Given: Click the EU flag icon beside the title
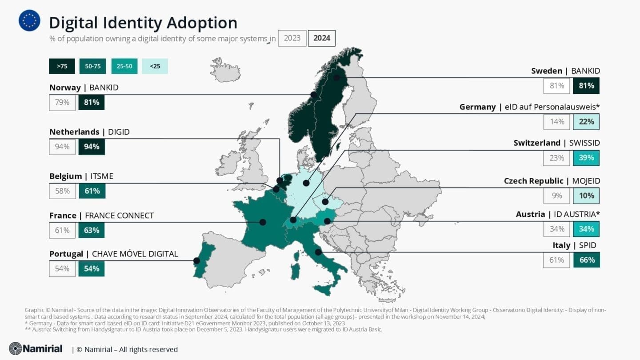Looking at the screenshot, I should [29, 21].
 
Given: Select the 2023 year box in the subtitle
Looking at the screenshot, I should [292, 38].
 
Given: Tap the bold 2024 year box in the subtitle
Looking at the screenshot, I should [322, 38].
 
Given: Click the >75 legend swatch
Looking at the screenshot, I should [62, 66].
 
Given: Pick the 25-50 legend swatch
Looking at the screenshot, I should [124, 66].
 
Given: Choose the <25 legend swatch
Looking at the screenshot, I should [155, 66].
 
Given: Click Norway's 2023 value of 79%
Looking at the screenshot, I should [62, 102].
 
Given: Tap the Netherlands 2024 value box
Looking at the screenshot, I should [92, 147].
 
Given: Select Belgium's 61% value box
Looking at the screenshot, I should [92, 191].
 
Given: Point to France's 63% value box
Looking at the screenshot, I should [92, 230].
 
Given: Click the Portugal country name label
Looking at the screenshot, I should [66, 254].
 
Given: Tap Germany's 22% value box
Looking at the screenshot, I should [586, 122].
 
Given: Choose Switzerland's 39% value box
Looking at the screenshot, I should [586, 158].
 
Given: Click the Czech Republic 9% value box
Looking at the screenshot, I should [556, 196].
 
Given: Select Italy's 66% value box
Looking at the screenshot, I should [586, 260].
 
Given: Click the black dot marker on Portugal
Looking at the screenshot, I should [196, 261].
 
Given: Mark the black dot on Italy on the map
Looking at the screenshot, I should [318, 252].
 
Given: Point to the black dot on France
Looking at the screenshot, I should [263, 222].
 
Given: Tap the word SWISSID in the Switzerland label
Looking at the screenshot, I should [584, 143].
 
